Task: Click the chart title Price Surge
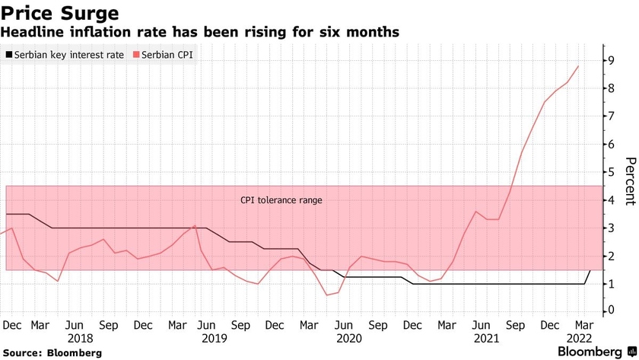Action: [59, 13]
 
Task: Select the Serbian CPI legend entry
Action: [164, 56]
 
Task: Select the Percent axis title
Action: [629, 180]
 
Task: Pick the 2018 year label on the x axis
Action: [80, 338]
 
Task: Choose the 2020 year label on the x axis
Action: [348, 338]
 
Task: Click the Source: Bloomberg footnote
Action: [51, 353]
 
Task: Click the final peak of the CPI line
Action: [578, 66]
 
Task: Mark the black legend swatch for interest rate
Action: [9, 56]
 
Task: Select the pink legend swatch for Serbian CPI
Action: [137, 56]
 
